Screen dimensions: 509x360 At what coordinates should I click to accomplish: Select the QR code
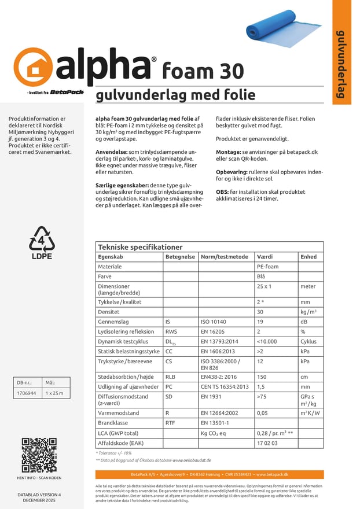click(39, 456)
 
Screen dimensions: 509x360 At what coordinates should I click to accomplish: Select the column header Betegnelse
click(180, 257)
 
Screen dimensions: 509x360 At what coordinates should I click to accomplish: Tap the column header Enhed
click(308, 257)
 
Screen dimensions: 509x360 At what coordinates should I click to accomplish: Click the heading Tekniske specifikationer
click(140, 247)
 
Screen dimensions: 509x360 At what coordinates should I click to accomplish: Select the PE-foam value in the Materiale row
click(267, 267)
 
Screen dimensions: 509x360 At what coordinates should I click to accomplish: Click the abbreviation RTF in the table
click(171, 423)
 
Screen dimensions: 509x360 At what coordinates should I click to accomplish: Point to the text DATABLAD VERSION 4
click(39, 495)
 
